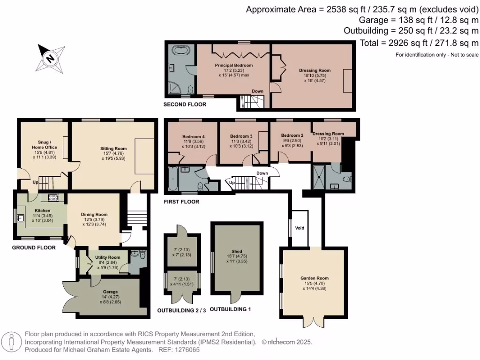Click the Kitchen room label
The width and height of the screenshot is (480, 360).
(x=42, y=210)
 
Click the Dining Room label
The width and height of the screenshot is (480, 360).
(x=95, y=214)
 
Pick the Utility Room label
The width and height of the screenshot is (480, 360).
(x=108, y=257)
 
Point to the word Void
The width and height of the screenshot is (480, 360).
(x=300, y=228)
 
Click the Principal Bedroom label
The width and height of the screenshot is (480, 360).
(x=234, y=65)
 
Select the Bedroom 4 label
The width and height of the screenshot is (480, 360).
(x=194, y=137)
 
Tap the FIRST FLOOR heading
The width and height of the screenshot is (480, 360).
(x=182, y=202)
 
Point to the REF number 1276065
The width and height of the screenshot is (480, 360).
(x=187, y=350)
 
